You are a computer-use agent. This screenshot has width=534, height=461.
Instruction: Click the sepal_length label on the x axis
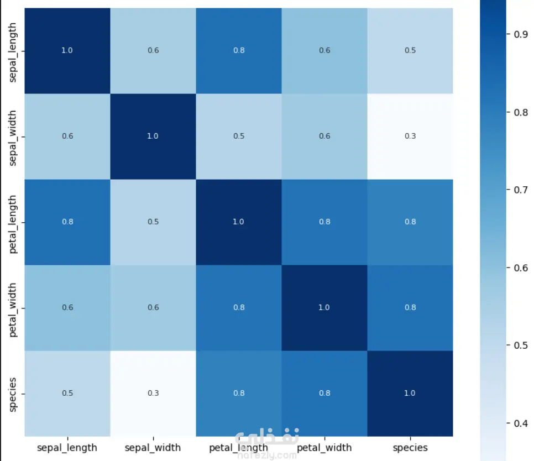[67, 447]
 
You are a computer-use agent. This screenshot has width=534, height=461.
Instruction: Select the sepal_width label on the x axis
[153, 447]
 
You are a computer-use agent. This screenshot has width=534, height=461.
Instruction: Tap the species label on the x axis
[410, 448]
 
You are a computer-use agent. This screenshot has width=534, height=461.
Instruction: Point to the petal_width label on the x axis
[324, 447]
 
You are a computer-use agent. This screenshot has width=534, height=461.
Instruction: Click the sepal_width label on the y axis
[12, 138]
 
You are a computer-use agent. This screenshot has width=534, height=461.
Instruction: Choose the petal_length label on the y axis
[12, 224]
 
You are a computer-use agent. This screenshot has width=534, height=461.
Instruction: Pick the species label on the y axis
[12, 395]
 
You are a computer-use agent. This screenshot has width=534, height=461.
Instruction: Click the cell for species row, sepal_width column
[153, 393]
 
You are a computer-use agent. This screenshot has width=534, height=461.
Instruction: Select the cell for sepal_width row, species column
[410, 136]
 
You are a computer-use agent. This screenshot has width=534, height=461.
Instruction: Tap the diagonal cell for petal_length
[239, 222]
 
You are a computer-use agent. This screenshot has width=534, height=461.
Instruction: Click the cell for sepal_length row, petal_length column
[239, 50]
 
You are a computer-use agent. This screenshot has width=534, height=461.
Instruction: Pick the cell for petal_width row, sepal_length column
[67, 308]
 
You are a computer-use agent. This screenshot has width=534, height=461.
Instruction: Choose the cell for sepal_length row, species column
[410, 50]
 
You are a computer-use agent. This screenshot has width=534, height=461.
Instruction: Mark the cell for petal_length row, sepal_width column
[153, 222]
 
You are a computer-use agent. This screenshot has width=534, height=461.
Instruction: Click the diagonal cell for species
[410, 393]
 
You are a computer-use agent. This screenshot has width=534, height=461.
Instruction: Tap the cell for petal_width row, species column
[410, 308]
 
